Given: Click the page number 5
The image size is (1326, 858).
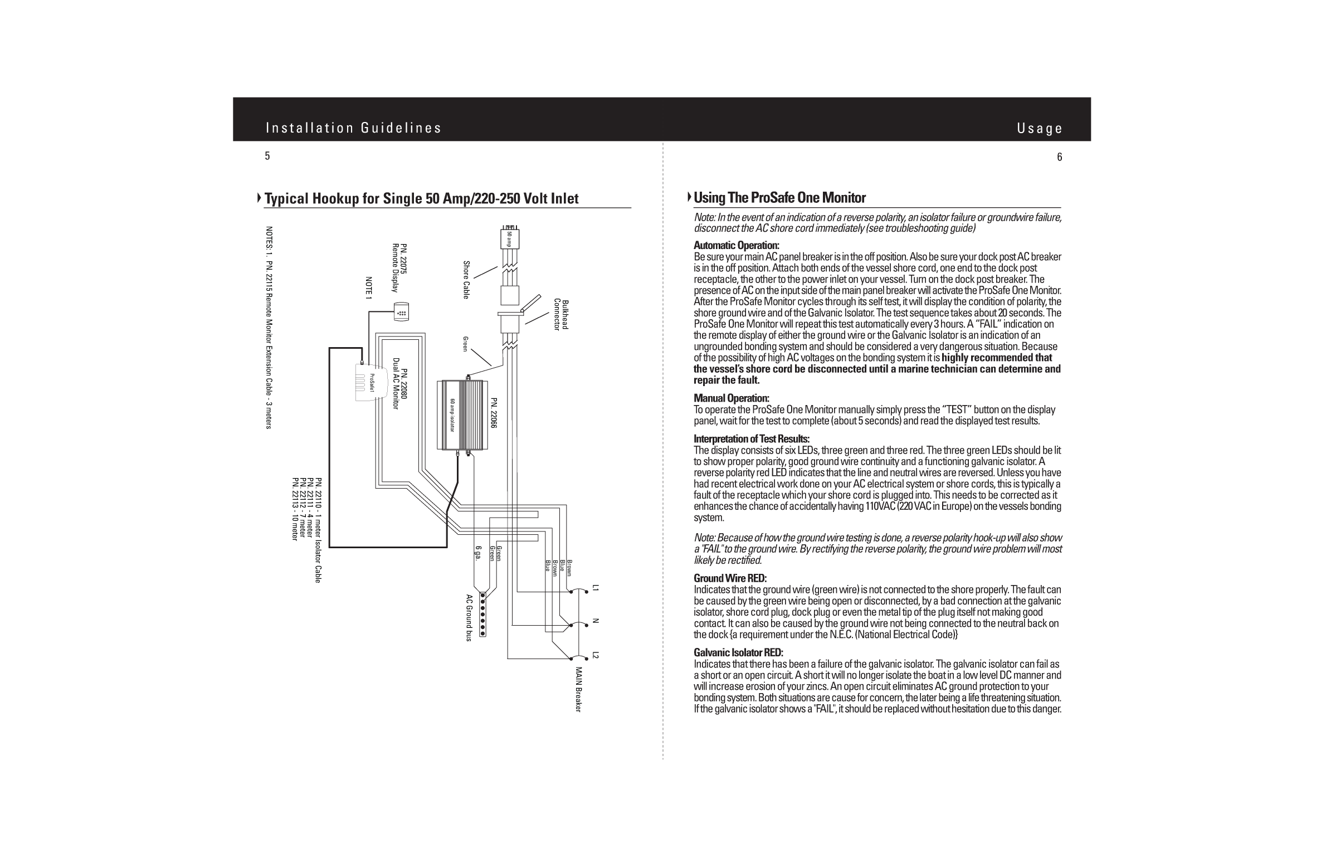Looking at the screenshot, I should [267, 157].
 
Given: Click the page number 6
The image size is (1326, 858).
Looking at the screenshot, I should [1059, 157].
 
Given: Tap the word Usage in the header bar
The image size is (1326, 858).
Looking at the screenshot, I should [1039, 129].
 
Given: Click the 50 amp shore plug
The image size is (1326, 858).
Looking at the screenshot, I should [510, 238].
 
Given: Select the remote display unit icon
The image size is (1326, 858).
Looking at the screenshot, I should [402, 312].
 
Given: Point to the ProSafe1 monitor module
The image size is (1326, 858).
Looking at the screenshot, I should [372, 383].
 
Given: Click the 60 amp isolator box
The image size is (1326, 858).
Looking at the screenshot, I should [461, 415].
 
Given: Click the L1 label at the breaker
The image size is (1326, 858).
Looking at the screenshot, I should [595, 587].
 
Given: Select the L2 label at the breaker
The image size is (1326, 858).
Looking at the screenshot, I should [595, 655].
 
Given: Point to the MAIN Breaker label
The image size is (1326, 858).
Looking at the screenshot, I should [578, 689].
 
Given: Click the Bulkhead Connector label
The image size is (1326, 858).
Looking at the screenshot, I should [560, 315].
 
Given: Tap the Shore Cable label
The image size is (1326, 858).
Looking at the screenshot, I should [466, 280].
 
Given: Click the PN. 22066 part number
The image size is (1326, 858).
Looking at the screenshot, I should [493, 413].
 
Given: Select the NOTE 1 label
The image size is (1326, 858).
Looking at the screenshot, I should [368, 287].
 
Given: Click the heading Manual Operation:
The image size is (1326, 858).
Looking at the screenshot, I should [731, 398].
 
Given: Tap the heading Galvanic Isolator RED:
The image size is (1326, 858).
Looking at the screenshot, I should [738, 652].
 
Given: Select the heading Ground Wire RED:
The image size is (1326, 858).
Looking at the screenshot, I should [730, 578].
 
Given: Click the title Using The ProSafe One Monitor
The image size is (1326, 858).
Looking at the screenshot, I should [779, 198].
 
